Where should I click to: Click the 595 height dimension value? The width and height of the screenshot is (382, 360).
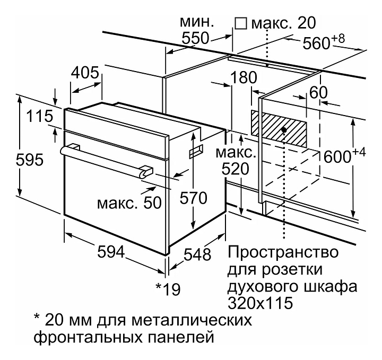[30, 160]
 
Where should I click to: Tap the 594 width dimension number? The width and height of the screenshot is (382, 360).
[111, 251]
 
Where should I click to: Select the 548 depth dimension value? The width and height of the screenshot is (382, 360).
[197, 254]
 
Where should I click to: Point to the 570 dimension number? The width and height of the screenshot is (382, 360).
[193, 198]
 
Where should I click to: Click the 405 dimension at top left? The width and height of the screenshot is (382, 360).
[85, 72]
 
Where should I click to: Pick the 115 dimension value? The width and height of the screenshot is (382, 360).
[39, 116]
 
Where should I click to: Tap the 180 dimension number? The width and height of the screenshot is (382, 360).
[244, 77]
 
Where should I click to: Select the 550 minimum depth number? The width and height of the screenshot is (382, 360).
[196, 38]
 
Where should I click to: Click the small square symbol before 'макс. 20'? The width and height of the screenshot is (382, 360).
[241, 23]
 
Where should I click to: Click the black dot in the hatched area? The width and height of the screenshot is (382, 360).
[283, 130]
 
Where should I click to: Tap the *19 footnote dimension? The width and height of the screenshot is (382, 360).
[168, 289]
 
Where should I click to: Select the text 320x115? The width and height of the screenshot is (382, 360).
[259, 303]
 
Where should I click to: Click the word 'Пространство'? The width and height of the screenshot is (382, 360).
[283, 252]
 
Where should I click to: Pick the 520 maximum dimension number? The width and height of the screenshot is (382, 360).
[236, 169]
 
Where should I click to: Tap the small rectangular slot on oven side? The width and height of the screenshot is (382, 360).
[196, 151]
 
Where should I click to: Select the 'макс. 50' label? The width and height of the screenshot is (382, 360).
[129, 203]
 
